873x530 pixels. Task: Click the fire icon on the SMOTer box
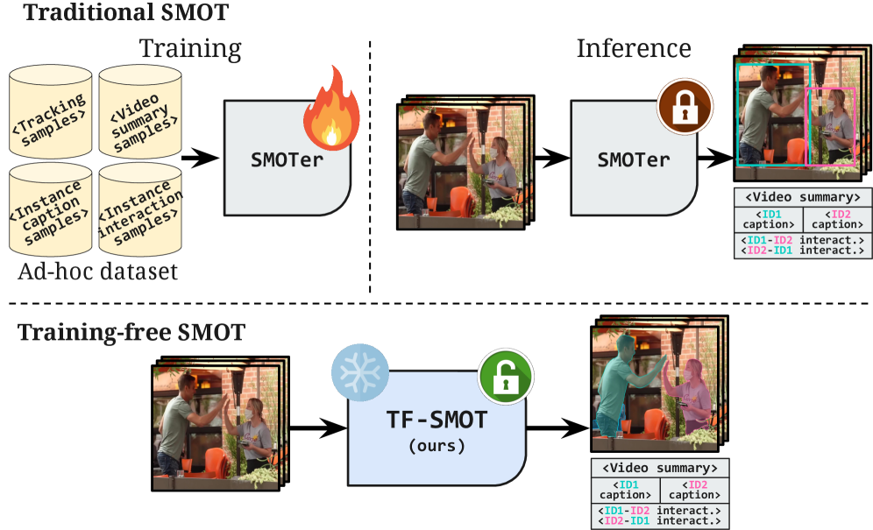(330, 112)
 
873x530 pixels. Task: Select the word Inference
(634, 48)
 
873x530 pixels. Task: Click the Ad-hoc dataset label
(97, 272)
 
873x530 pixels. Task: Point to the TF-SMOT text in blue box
(436, 421)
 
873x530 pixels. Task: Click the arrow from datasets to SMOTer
(199, 159)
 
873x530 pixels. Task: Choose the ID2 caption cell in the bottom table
(693, 489)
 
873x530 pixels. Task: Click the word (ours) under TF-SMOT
(436, 446)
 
